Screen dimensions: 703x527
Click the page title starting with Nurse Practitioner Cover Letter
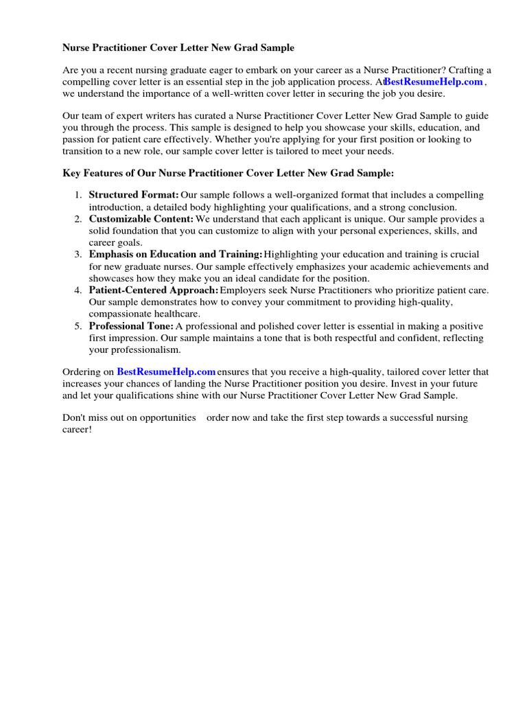tap(178, 48)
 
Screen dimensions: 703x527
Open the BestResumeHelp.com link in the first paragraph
tap(434, 82)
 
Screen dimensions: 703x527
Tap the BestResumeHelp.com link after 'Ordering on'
tap(166, 372)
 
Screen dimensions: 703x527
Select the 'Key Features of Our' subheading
tap(228, 174)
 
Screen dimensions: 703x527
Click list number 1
tap(78, 196)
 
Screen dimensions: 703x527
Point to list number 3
tap(78, 255)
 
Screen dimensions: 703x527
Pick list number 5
tap(78, 325)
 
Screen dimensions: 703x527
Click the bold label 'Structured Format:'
tap(134, 196)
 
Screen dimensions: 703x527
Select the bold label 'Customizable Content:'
tap(141, 219)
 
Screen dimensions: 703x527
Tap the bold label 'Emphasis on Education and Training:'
tap(176, 255)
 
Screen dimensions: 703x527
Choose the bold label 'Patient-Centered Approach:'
tap(154, 290)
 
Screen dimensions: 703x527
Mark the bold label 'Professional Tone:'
tap(131, 325)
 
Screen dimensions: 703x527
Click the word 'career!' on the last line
tap(77, 429)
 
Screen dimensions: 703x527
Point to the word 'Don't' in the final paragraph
tap(75, 417)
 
